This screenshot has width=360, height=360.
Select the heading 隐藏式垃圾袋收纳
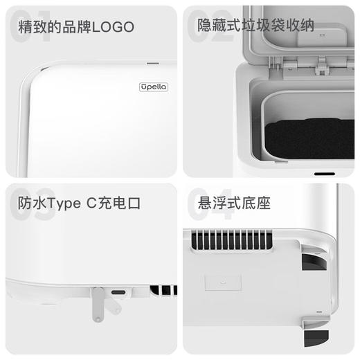tap(255, 26)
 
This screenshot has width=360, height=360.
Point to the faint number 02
tap(210, 28)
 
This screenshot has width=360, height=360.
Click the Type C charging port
tap(118, 292)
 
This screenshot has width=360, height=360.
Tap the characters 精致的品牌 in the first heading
tap(53, 27)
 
